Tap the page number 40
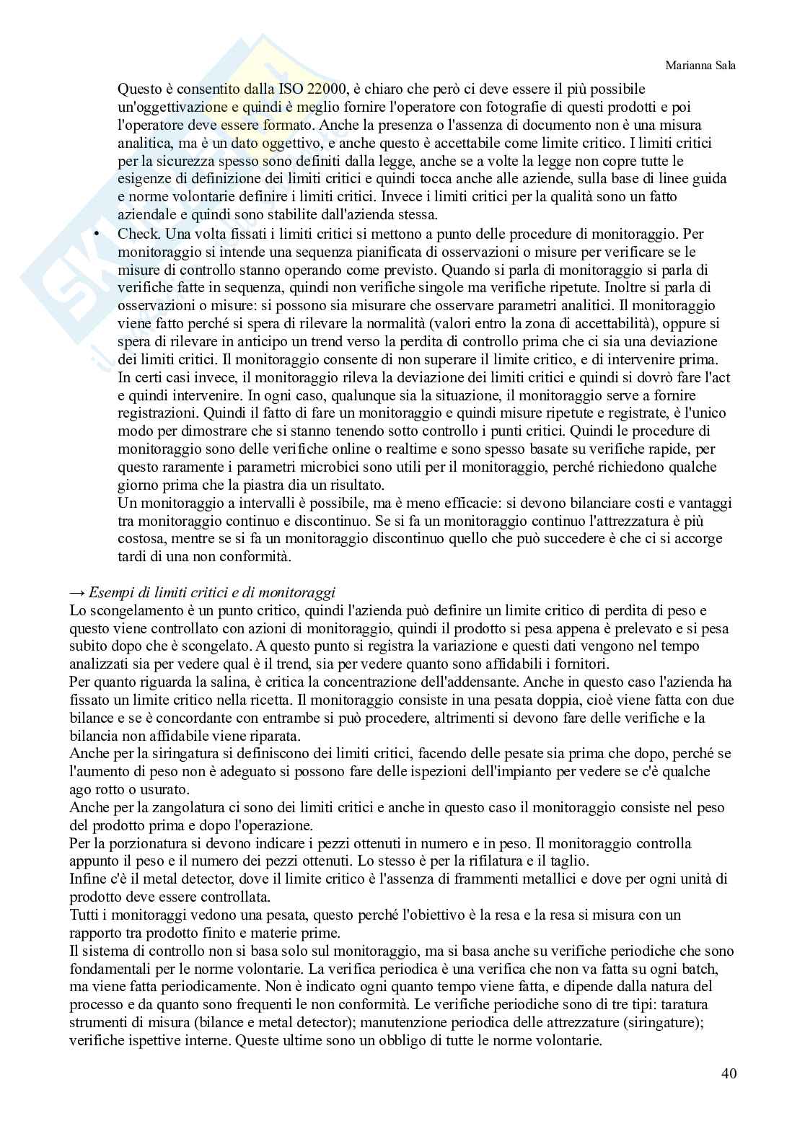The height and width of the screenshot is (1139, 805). (x=729, y=1073)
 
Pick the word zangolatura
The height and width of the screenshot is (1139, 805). (x=171, y=807)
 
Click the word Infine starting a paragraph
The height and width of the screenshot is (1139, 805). (x=87, y=879)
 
